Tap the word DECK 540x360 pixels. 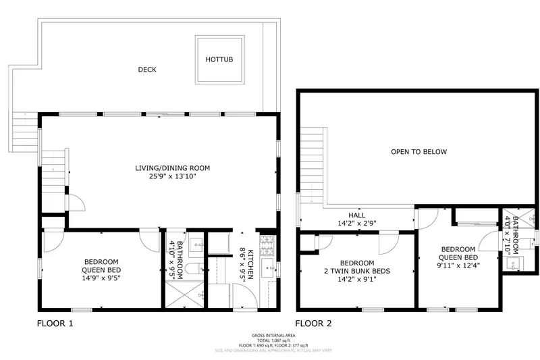pos(147,69)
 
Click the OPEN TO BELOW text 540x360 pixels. pos(418,152)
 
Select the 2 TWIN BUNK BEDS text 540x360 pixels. pos(357,272)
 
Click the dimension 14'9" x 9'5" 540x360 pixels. pos(102,276)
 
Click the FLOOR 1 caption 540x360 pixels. pos(54,324)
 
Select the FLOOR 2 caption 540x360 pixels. pos(313,324)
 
